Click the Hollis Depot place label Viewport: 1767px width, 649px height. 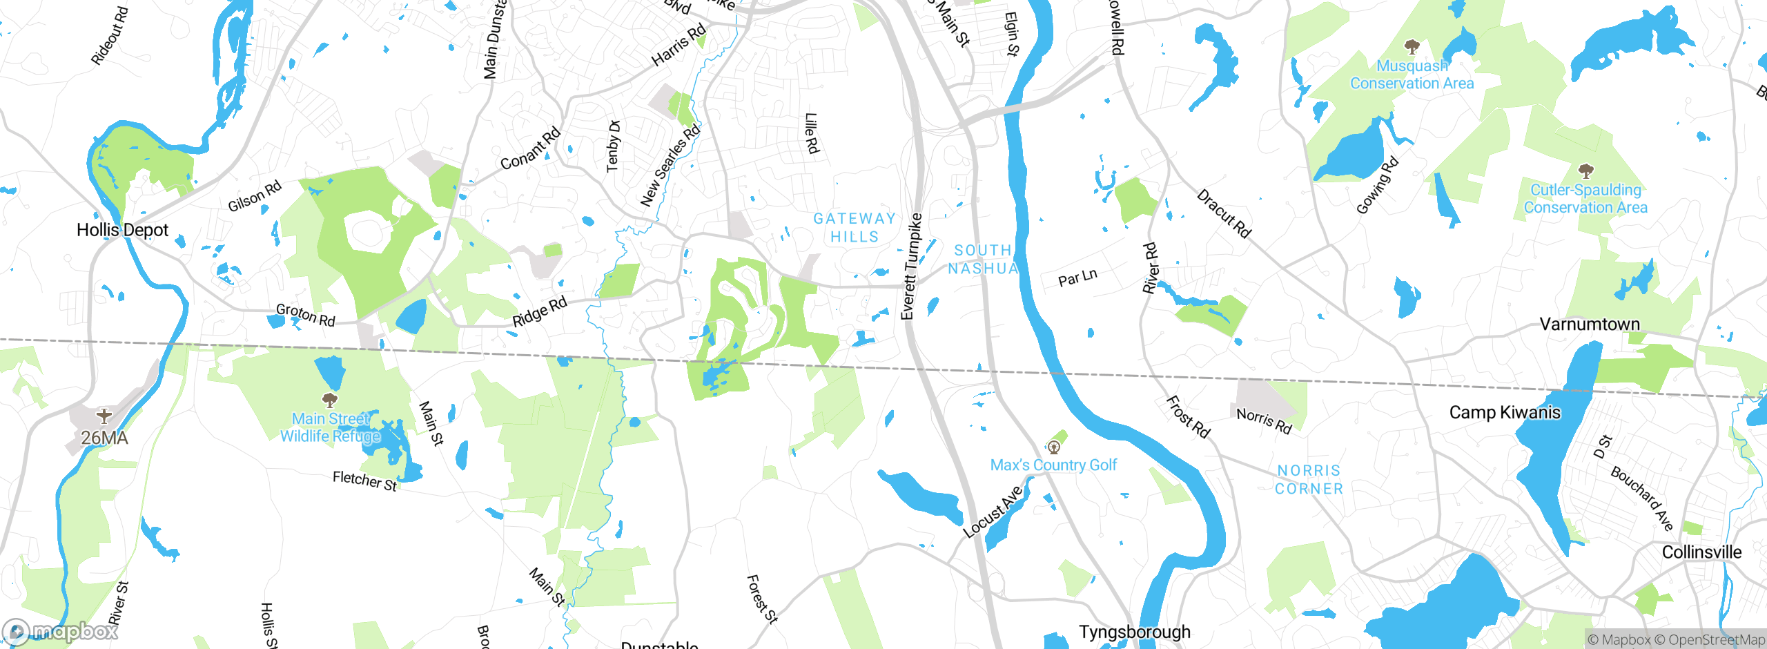[122, 230]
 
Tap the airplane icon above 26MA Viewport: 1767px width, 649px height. [104, 416]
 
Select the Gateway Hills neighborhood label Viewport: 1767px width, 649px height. [855, 228]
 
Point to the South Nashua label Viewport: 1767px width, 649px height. [983, 260]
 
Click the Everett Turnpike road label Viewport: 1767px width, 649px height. [911, 267]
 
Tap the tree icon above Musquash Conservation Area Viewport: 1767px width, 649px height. [1412, 47]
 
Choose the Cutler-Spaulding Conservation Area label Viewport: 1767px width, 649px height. [1585, 199]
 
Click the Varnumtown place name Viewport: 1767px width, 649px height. [1590, 324]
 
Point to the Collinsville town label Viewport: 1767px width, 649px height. [1701, 552]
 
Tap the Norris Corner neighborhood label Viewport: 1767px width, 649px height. [1309, 480]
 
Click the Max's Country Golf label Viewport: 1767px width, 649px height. [1053, 465]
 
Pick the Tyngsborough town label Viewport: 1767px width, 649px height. [1135, 632]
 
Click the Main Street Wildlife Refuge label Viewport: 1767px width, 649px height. [330, 427]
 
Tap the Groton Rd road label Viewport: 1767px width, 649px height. [306, 315]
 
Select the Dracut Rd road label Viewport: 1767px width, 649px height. [1224, 214]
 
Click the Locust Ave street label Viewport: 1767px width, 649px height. [993, 512]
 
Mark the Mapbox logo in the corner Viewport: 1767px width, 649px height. [61, 631]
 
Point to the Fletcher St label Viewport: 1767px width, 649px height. [364, 481]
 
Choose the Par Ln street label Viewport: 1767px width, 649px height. [1077, 278]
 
